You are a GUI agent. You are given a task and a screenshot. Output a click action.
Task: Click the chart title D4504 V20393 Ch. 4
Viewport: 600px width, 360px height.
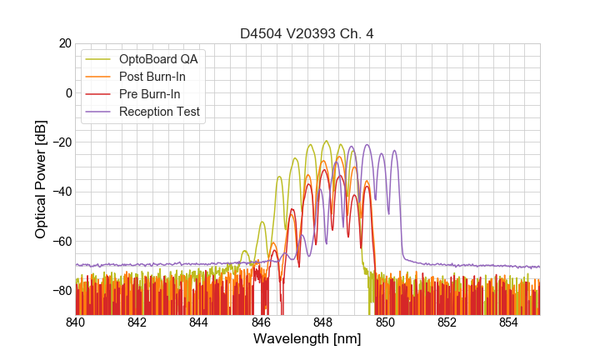[x=307, y=33]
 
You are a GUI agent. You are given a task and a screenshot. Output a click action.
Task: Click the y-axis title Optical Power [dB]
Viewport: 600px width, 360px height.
[x=41, y=179]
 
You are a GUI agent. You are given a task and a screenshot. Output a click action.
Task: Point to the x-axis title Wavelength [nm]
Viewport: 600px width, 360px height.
[x=307, y=339]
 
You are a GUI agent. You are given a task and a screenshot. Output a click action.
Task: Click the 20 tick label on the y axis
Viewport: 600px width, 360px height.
[x=64, y=43]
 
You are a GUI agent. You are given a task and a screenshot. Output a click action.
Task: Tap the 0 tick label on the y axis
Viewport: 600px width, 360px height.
[x=68, y=92]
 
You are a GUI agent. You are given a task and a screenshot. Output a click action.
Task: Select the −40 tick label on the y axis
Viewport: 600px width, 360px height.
[x=61, y=192]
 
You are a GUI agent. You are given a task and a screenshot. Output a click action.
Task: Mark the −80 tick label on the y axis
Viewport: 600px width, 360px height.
[x=61, y=291]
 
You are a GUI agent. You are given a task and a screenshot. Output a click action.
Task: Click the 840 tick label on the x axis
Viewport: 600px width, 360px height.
[x=76, y=322]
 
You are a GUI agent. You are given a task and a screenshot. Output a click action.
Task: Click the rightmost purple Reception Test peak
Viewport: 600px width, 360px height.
[x=394, y=151]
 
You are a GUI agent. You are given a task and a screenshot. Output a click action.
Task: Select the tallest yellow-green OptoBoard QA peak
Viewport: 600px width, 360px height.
[x=326, y=141]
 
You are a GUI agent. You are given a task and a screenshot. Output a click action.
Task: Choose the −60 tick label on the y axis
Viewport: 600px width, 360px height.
[x=61, y=242]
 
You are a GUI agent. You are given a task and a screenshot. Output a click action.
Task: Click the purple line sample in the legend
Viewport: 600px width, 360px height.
[x=99, y=112]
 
